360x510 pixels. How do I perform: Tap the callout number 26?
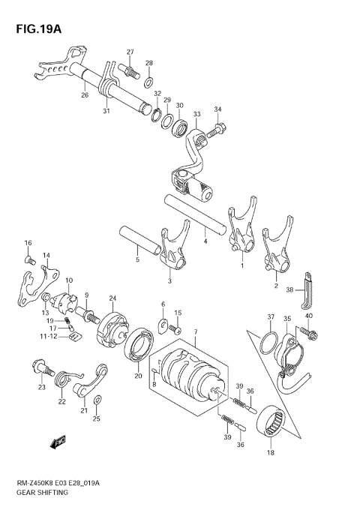tap(85, 95)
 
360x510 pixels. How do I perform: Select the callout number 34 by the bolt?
tap(218, 109)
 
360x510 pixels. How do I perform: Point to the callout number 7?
tap(195, 332)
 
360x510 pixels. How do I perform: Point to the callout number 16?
tap(28, 243)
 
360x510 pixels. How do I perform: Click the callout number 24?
tap(112, 298)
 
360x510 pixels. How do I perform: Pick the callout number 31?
tap(106, 112)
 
